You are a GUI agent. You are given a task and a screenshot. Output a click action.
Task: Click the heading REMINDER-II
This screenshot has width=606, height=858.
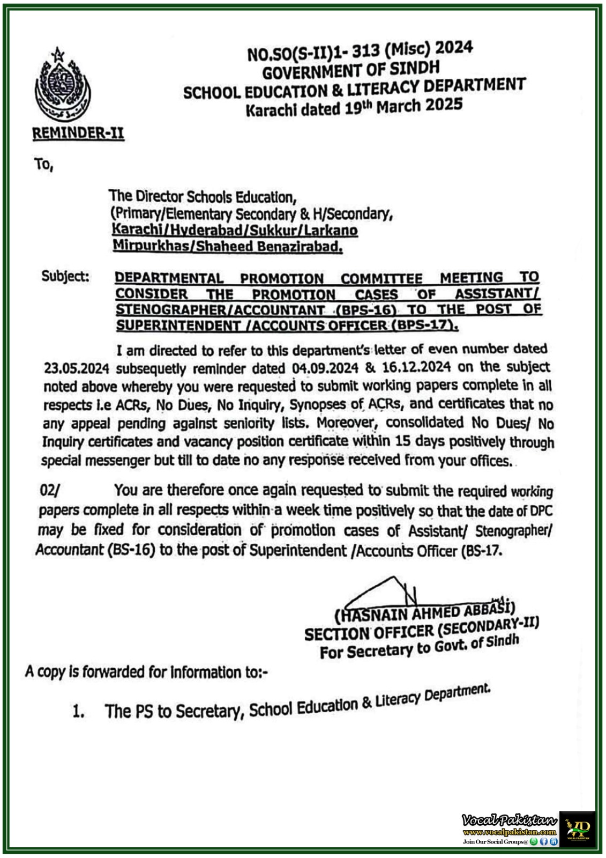click(78, 134)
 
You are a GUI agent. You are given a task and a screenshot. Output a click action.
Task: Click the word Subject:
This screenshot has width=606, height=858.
click(65, 277)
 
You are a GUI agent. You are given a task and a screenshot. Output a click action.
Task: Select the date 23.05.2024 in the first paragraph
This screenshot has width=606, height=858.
click(77, 369)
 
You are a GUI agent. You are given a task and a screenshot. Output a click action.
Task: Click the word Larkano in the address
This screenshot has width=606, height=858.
click(335, 231)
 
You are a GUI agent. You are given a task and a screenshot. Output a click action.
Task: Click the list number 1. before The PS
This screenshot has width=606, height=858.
click(78, 712)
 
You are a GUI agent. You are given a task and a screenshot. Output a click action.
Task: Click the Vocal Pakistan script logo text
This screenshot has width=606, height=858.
click(510, 820)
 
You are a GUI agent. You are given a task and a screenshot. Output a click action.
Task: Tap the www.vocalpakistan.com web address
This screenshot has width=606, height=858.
click(509, 832)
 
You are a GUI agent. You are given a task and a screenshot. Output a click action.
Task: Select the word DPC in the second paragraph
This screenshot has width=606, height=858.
click(542, 511)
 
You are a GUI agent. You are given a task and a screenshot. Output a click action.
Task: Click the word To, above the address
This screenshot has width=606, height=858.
click(43, 165)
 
